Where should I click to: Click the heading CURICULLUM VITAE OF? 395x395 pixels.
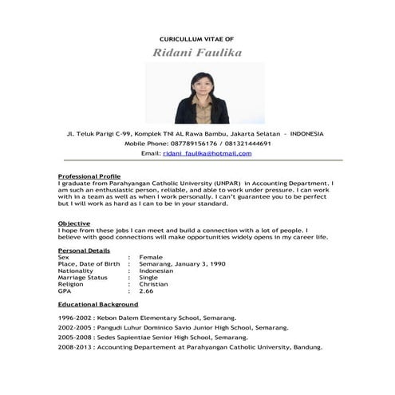196,38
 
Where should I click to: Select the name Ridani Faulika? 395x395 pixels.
196,53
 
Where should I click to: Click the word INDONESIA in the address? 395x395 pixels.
307,134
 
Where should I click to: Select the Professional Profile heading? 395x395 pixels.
89,176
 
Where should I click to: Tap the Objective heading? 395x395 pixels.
74,223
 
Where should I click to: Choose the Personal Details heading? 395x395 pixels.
84,251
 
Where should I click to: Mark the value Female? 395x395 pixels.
151,258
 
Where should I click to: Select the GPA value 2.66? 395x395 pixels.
146,290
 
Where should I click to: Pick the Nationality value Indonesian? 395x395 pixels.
156,271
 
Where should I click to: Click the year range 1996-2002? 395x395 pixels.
75,318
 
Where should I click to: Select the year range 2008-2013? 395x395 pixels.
75,348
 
